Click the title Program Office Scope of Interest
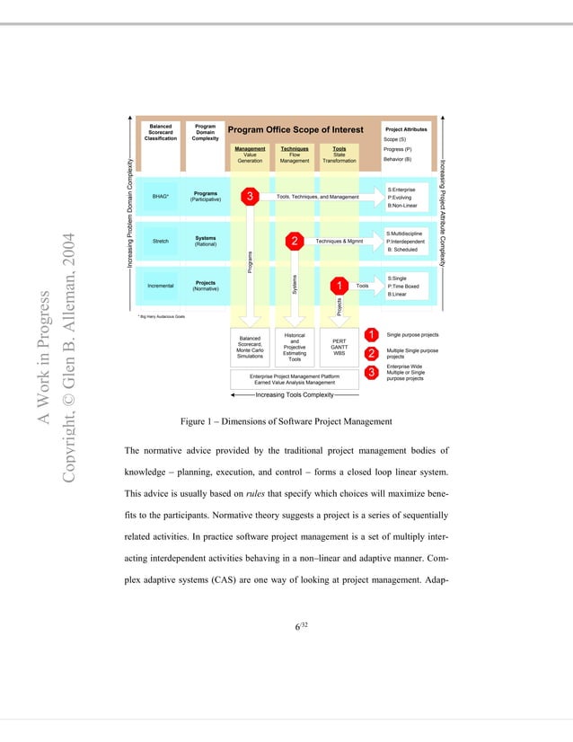click(295, 129)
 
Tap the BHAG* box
click(161, 196)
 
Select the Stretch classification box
click(161, 242)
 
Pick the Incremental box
click(161, 287)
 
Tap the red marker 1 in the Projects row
click(339, 286)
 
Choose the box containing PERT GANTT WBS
click(339, 347)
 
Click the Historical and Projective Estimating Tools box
click(295, 347)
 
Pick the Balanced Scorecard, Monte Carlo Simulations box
click(250, 347)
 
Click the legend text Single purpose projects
click(412, 334)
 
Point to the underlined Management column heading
click(250, 148)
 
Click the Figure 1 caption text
click(286, 421)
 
